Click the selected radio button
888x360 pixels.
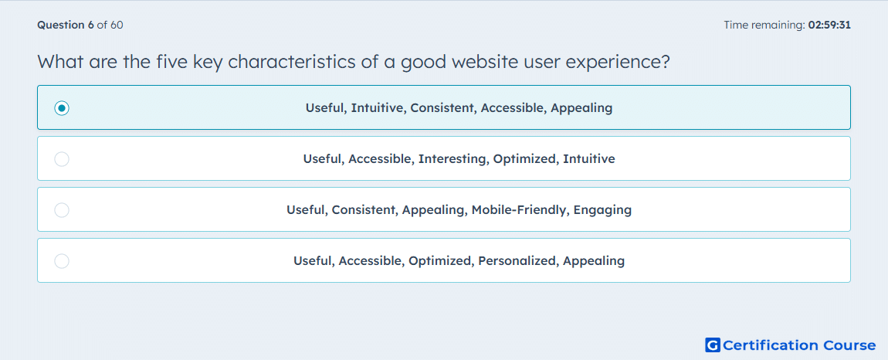(62, 107)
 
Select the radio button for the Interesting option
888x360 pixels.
(62, 159)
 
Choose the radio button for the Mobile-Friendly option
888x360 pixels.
(62, 210)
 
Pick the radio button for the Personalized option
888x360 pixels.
(62, 261)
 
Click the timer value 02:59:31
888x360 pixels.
(829, 25)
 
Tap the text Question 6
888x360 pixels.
(66, 25)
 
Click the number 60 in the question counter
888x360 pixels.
(117, 25)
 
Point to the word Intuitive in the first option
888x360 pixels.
(377, 107)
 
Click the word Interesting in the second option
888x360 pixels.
(452, 158)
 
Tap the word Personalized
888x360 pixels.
(517, 261)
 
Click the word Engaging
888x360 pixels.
(602, 210)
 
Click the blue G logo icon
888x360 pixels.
(713, 345)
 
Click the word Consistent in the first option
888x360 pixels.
(442, 107)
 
